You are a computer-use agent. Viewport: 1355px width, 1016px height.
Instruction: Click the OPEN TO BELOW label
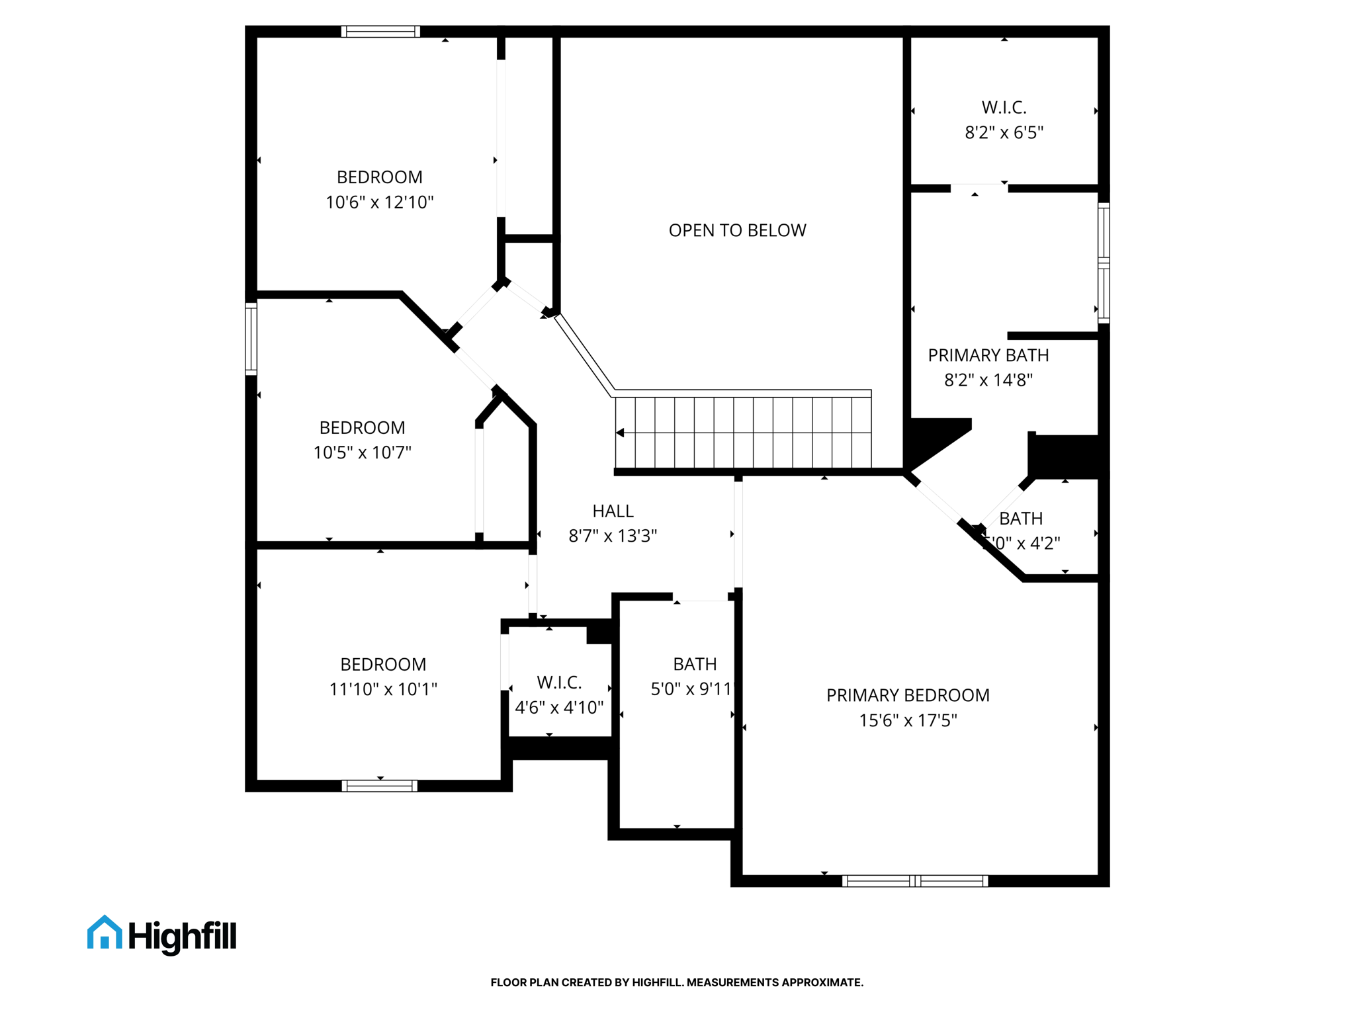click(x=737, y=230)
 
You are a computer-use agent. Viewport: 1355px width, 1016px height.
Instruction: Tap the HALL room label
click(x=613, y=511)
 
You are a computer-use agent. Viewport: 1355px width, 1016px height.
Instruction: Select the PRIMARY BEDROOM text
click(x=908, y=695)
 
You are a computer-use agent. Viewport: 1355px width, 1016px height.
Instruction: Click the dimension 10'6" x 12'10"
click(x=379, y=202)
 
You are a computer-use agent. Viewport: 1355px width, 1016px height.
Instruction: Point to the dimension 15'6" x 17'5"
click(x=908, y=720)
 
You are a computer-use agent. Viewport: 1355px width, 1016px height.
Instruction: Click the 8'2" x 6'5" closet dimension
click(x=1004, y=132)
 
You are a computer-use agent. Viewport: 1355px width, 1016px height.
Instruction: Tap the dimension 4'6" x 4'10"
click(x=559, y=708)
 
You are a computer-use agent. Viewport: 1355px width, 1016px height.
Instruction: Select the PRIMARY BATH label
click(x=988, y=355)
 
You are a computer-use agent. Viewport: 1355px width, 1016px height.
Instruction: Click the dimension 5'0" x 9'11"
click(x=692, y=689)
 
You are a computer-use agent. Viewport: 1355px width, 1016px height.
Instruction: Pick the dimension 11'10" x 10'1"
click(x=383, y=689)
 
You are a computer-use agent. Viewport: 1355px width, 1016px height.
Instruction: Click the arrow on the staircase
click(x=621, y=433)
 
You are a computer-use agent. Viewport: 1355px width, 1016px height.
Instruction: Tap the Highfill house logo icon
click(x=105, y=933)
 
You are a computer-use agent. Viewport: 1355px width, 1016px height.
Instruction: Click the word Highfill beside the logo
click(x=182, y=937)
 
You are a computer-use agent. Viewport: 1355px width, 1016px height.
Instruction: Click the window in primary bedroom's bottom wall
click(x=914, y=880)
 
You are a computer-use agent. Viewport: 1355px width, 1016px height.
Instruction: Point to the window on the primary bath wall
click(x=1104, y=263)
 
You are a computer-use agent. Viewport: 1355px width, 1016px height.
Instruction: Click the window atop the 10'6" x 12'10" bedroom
click(x=380, y=32)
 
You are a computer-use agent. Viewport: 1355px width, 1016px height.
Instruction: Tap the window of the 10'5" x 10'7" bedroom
click(x=251, y=339)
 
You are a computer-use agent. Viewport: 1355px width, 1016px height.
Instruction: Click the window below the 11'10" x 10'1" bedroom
click(x=379, y=786)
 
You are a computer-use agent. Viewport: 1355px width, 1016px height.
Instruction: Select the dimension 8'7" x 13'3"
click(x=613, y=536)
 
